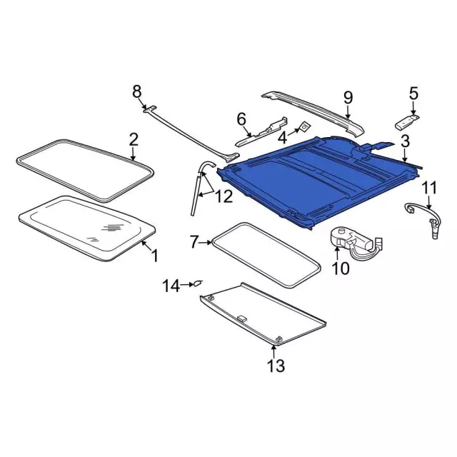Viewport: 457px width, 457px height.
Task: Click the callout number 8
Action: click(137, 91)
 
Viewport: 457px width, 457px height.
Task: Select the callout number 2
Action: click(134, 140)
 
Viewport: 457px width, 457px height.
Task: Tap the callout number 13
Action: click(276, 366)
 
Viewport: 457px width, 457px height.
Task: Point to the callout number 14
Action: click(171, 286)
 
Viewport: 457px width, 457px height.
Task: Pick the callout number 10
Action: click(341, 268)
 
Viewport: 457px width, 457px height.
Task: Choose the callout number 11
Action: click(429, 188)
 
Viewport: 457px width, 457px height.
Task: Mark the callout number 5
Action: click(413, 94)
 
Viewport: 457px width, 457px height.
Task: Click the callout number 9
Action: click(348, 98)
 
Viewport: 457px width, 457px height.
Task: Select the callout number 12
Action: click(224, 196)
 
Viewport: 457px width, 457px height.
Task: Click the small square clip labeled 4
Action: click(305, 126)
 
